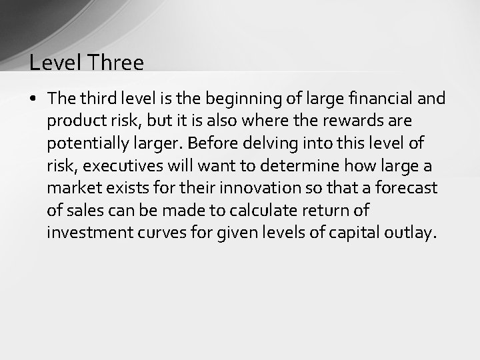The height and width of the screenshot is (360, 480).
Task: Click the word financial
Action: (x=381, y=99)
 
